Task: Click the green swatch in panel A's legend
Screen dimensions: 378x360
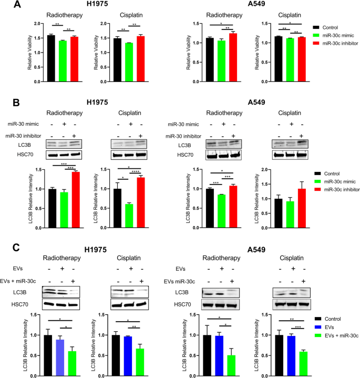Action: (316, 34)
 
